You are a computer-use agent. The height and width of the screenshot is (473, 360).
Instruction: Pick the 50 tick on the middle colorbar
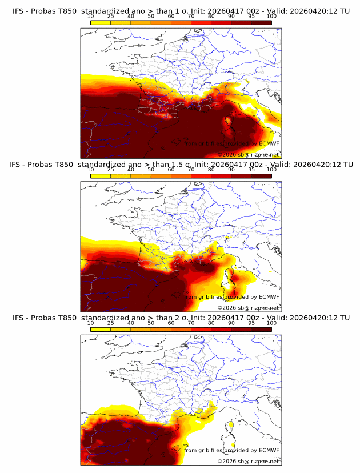[151, 170]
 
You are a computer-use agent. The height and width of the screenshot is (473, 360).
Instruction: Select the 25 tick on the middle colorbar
[110, 170]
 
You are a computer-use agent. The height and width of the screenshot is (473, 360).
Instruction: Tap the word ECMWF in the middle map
[269, 297]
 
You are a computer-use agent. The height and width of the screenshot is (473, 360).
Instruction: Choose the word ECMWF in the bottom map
[269, 450]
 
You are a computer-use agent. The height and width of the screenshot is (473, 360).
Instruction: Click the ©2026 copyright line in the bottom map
[248, 460]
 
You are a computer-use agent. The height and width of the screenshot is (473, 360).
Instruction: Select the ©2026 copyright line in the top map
[248, 154]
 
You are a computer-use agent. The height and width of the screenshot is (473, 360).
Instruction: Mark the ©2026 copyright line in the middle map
[248, 307]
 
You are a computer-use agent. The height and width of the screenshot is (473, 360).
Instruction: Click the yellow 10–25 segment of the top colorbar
[101, 22]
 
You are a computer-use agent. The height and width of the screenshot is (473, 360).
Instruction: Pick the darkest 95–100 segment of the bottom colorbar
[261, 329]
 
